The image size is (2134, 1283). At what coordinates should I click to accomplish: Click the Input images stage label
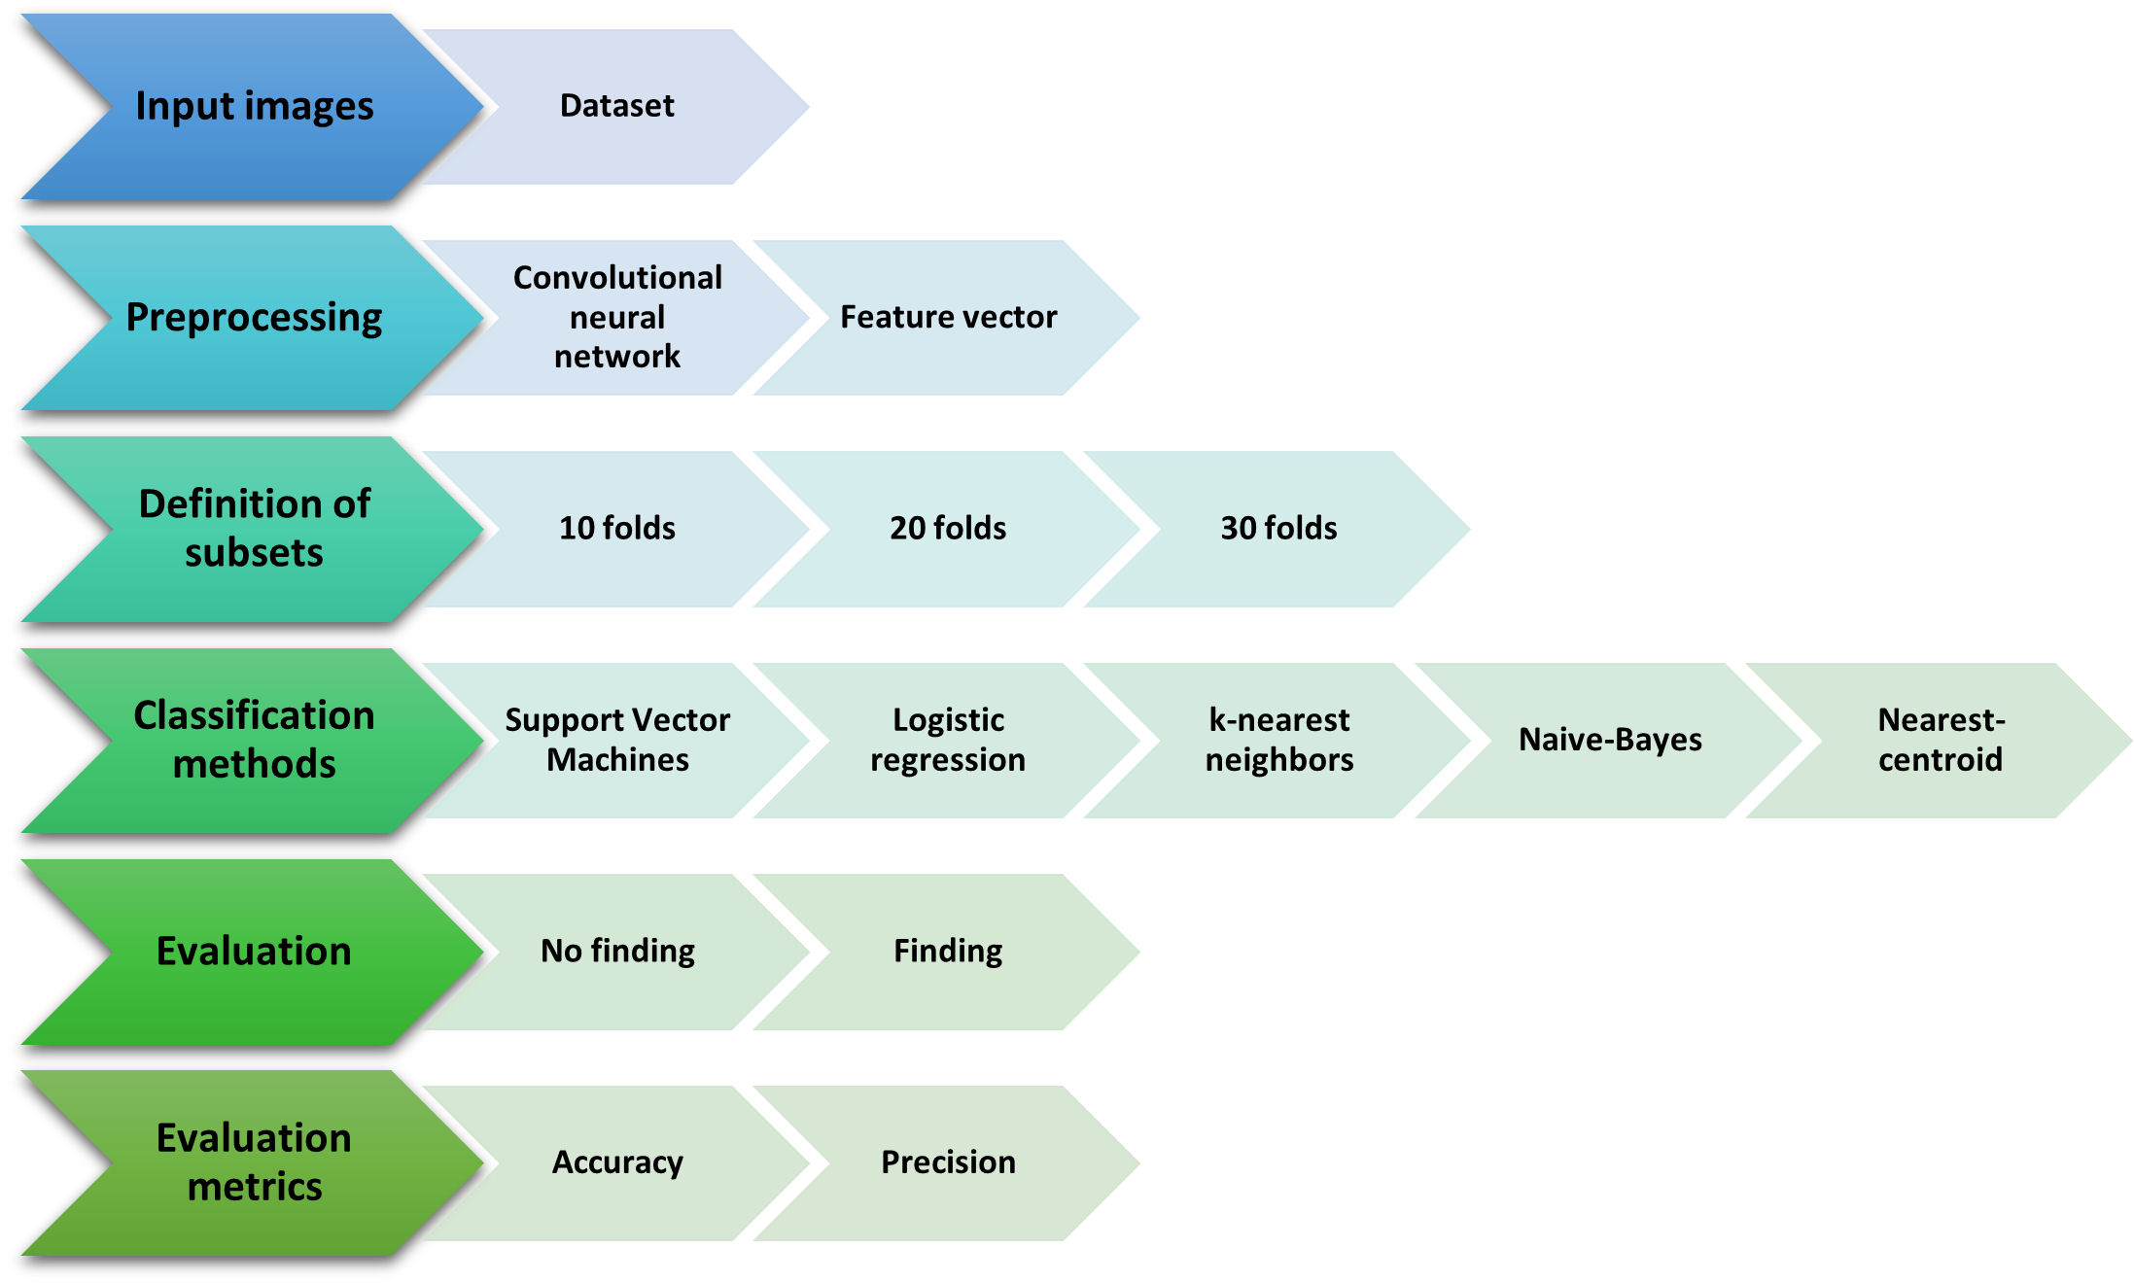tap(254, 106)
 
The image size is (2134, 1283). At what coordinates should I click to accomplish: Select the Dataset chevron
tap(617, 106)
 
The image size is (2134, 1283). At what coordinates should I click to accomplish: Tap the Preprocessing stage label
tap(254, 318)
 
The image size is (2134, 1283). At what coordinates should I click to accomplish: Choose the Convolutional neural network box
tap(617, 318)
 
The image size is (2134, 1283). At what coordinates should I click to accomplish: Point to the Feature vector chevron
tap(948, 318)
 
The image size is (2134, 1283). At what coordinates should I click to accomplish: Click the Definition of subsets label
tap(254, 529)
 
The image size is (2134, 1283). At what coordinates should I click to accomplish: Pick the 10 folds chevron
tap(617, 529)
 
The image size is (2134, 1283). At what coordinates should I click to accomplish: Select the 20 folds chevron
tap(948, 529)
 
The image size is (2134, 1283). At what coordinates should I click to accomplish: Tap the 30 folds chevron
tap(1278, 529)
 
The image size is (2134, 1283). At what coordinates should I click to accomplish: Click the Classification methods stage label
tap(254, 740)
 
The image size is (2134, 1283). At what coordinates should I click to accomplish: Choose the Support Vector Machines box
tap(617, 740)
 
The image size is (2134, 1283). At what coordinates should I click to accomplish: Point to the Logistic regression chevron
tap(948, 740)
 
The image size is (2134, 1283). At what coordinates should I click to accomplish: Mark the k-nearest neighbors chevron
tap(1278, 740)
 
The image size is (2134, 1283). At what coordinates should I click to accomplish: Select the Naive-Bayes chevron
tap(1610, 740)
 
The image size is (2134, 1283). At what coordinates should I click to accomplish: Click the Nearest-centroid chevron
tap(1941, 740)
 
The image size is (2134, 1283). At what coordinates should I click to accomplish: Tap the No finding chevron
tap(617, 951)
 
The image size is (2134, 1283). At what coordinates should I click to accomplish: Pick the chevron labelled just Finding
tap(948, 951)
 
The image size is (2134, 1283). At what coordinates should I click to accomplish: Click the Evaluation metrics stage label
tap(254, 1162)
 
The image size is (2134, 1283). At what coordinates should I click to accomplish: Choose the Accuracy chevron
tap(617, 1162)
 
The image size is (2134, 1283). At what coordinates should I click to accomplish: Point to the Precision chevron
tap(948, 1162)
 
